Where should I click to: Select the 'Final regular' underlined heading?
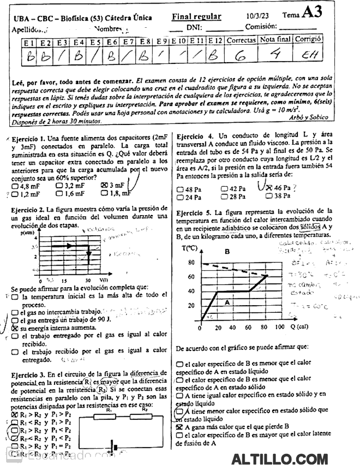196,16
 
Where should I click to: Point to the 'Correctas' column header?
241,40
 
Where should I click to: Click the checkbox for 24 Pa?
179,197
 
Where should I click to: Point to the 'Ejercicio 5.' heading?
194,212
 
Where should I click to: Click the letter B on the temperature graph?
227,252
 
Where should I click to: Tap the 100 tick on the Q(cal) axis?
279,327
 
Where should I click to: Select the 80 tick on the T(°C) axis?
191,262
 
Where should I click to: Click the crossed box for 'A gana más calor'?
179,427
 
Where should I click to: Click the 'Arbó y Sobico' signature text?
311,117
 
